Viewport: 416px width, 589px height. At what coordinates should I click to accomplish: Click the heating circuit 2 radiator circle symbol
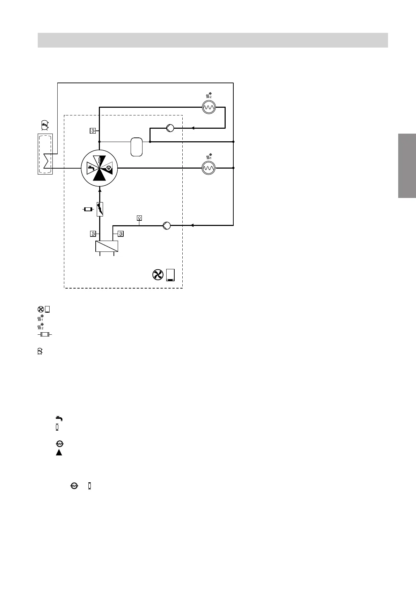(x=209, y=107)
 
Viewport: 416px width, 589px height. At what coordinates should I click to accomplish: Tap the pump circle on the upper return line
(x=170, y=128)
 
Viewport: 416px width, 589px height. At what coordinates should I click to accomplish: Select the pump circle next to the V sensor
(x=167, y=226)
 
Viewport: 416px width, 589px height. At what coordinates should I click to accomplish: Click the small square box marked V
(x=139, y=218)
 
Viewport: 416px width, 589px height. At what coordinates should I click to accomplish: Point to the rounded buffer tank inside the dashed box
(x=137, y=147)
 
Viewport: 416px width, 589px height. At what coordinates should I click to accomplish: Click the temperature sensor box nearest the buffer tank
(x=93, y=131)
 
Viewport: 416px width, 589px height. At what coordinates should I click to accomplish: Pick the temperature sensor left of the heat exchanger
(x=93, y=234)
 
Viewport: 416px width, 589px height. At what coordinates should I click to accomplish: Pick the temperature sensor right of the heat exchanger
(x=121, y=234)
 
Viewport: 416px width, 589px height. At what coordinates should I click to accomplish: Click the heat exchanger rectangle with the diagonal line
(x=107, y=246)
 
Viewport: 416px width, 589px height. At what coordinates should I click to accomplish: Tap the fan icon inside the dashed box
(x=158, y=275)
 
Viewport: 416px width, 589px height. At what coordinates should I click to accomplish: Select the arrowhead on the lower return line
(x=192, y=226)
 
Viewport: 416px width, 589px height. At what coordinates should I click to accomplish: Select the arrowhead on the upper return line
(x=193, y=128)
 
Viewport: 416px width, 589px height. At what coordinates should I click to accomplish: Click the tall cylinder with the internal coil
(x=45, y=154)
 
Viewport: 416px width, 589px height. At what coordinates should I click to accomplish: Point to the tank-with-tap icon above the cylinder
(x=44, y=125)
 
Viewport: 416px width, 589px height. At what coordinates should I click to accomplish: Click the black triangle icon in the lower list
(x=59, y=453)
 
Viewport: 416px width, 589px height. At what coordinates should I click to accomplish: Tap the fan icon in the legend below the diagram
(x=41, y=309)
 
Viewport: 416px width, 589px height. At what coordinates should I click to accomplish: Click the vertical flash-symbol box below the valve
(x=100, y=209)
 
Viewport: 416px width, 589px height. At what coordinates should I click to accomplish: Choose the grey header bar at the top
(x=213, y=40)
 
